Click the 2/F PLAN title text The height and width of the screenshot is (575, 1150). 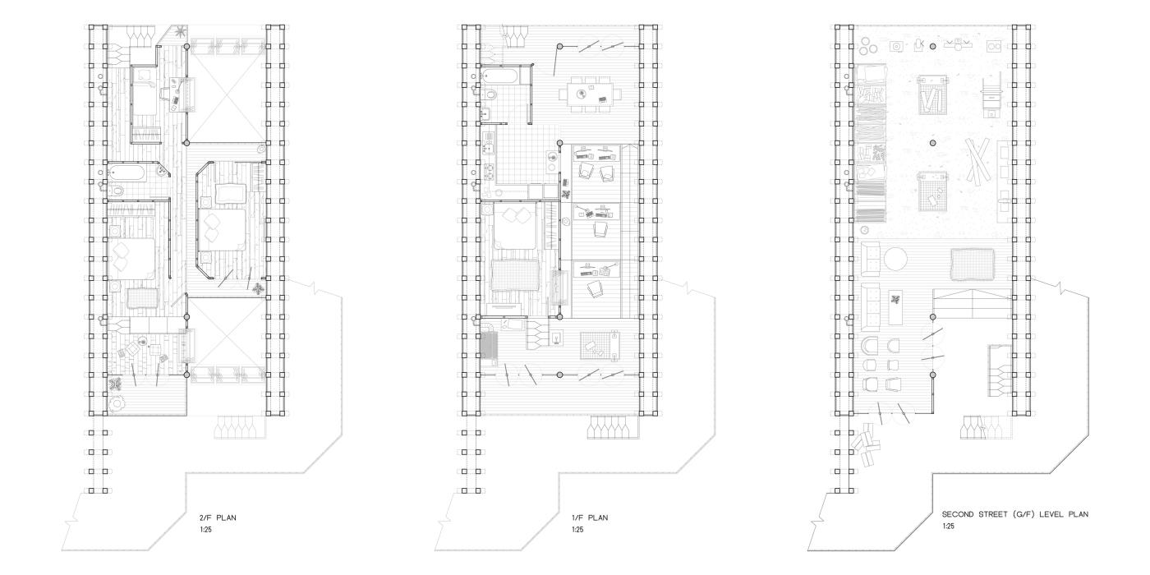pyautogui.click(x=218, y=517)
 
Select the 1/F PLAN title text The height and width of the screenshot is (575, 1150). pyautogui.click(x=591, y=517)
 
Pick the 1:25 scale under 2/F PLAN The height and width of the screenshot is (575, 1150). pyautogui.click(x=205, y=529)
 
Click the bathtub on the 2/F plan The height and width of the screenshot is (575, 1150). pyautogui.click(x=127, y=172)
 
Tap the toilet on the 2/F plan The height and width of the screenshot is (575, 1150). pyautogui.click(x=117, y=191)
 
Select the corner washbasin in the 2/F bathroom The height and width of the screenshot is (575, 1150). pyautogui.click(x=163, y=171)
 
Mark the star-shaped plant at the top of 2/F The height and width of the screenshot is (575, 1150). pyautogui.click(x=180, y=32)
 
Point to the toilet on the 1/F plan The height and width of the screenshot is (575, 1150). pyautogui.click(x=490, y=94)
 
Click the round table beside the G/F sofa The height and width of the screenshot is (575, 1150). pyautogui.click(x=895, y=259)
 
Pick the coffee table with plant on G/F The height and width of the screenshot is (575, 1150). pyautogui.click(x=896, y=307)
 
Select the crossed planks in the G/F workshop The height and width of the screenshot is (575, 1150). pyautogui.click(x=977, y=160)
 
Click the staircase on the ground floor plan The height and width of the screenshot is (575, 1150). pyautogui.click(x=972, y=303)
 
